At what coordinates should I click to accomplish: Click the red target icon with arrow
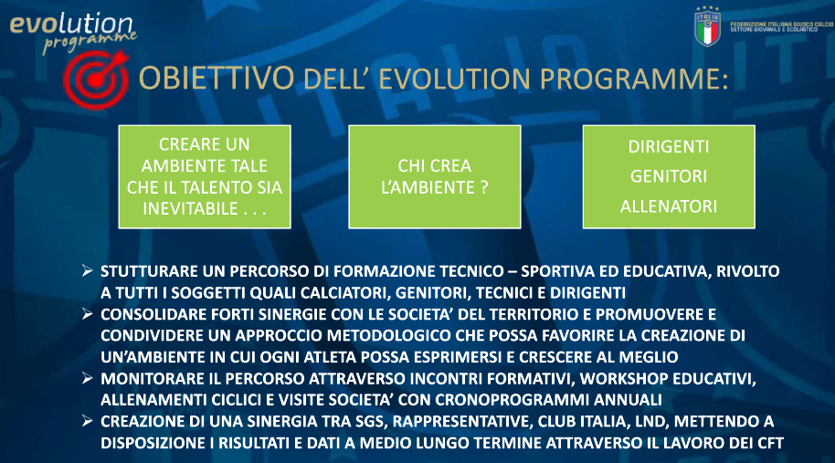pyautogui.click(x=96, y=79)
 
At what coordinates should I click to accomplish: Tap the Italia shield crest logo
pyautogui.click(x=707, y=26)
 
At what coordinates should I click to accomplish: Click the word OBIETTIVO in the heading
pyautogui.click(x=217, y=79)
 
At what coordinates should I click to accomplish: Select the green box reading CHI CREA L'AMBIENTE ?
pyautogui.click(x=435, y=176)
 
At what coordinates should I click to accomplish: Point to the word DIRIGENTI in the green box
pyautogui.click(x=669, y=147)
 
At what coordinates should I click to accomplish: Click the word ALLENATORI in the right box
pyautogui.click(x=669, y=206)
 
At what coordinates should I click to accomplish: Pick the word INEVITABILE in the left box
pyautogui.click(x=191, y=208)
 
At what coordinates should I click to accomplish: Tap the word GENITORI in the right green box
pyautogui.click(x=669, y=176)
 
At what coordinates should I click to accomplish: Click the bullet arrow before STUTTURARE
pyautogui.click(x=88, y=271)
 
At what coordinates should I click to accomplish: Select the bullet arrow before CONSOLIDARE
pyautogui.click(x=88, y=314)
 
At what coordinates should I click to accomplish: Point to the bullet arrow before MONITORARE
pyautogui.click(x=88, y=378)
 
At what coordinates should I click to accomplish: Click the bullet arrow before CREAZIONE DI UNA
pyautogui.click(x=88, y=422)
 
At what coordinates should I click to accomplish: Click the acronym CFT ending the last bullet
pyautogui.click(x=770, y=443)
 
